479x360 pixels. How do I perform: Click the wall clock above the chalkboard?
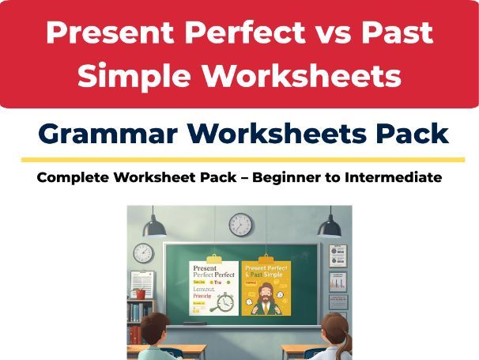pyautogui.click(x=240, y=224)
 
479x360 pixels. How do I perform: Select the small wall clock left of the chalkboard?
pyautogui.click(x=143, y=252)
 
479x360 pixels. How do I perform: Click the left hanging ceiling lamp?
pyautogui.click(x=154, y=225)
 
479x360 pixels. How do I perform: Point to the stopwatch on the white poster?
pyautogui.click(x=225, y=301)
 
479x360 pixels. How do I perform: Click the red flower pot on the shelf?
pyautogui.click(x=141, y=294)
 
